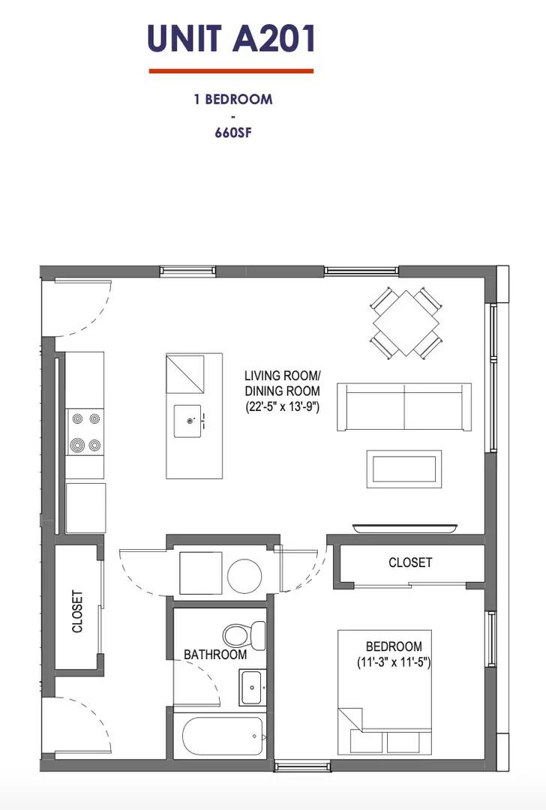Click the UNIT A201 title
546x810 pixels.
pyautogui.click(x=231, y=39)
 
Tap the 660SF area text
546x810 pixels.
pyautogui.click(x=233, y=132)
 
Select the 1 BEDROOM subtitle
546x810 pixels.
pyautogui.click(x=233, y=99)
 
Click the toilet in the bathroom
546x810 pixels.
pyautogui.click(x=244, y=636)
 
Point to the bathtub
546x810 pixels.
pyautogui.click(x=223, y=736)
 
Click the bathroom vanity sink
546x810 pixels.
pyautogui.click(x=253, y=688)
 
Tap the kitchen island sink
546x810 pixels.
pyautogui.click(x=187, y=421)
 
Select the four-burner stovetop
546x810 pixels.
pyautogui.click(x=85, y=431)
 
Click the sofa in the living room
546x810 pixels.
pyautogui.click(x=404, y=406)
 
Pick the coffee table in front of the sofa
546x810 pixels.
pyautogui.click(x=404, y=469)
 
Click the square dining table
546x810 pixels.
pyautogui.click(x=406, y=322)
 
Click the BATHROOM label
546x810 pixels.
pyautogui.click(x=215, y=655)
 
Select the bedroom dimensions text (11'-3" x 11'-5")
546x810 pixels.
pyautogui.click(x=394, y=662)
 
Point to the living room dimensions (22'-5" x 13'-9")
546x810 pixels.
pyautogui.click(x=283, y=406)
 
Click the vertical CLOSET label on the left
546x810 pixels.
pyautogui.click(x=77, y=612)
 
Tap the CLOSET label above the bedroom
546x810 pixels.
pyautogui.click(x=410, y=562)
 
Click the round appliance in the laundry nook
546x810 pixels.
pyautogui.click(x=244, y=574)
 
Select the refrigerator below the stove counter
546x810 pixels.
pyautogui.click(x=85, y=508)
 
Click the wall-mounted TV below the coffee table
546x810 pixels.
pyautogui.click(x=406, y=528)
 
